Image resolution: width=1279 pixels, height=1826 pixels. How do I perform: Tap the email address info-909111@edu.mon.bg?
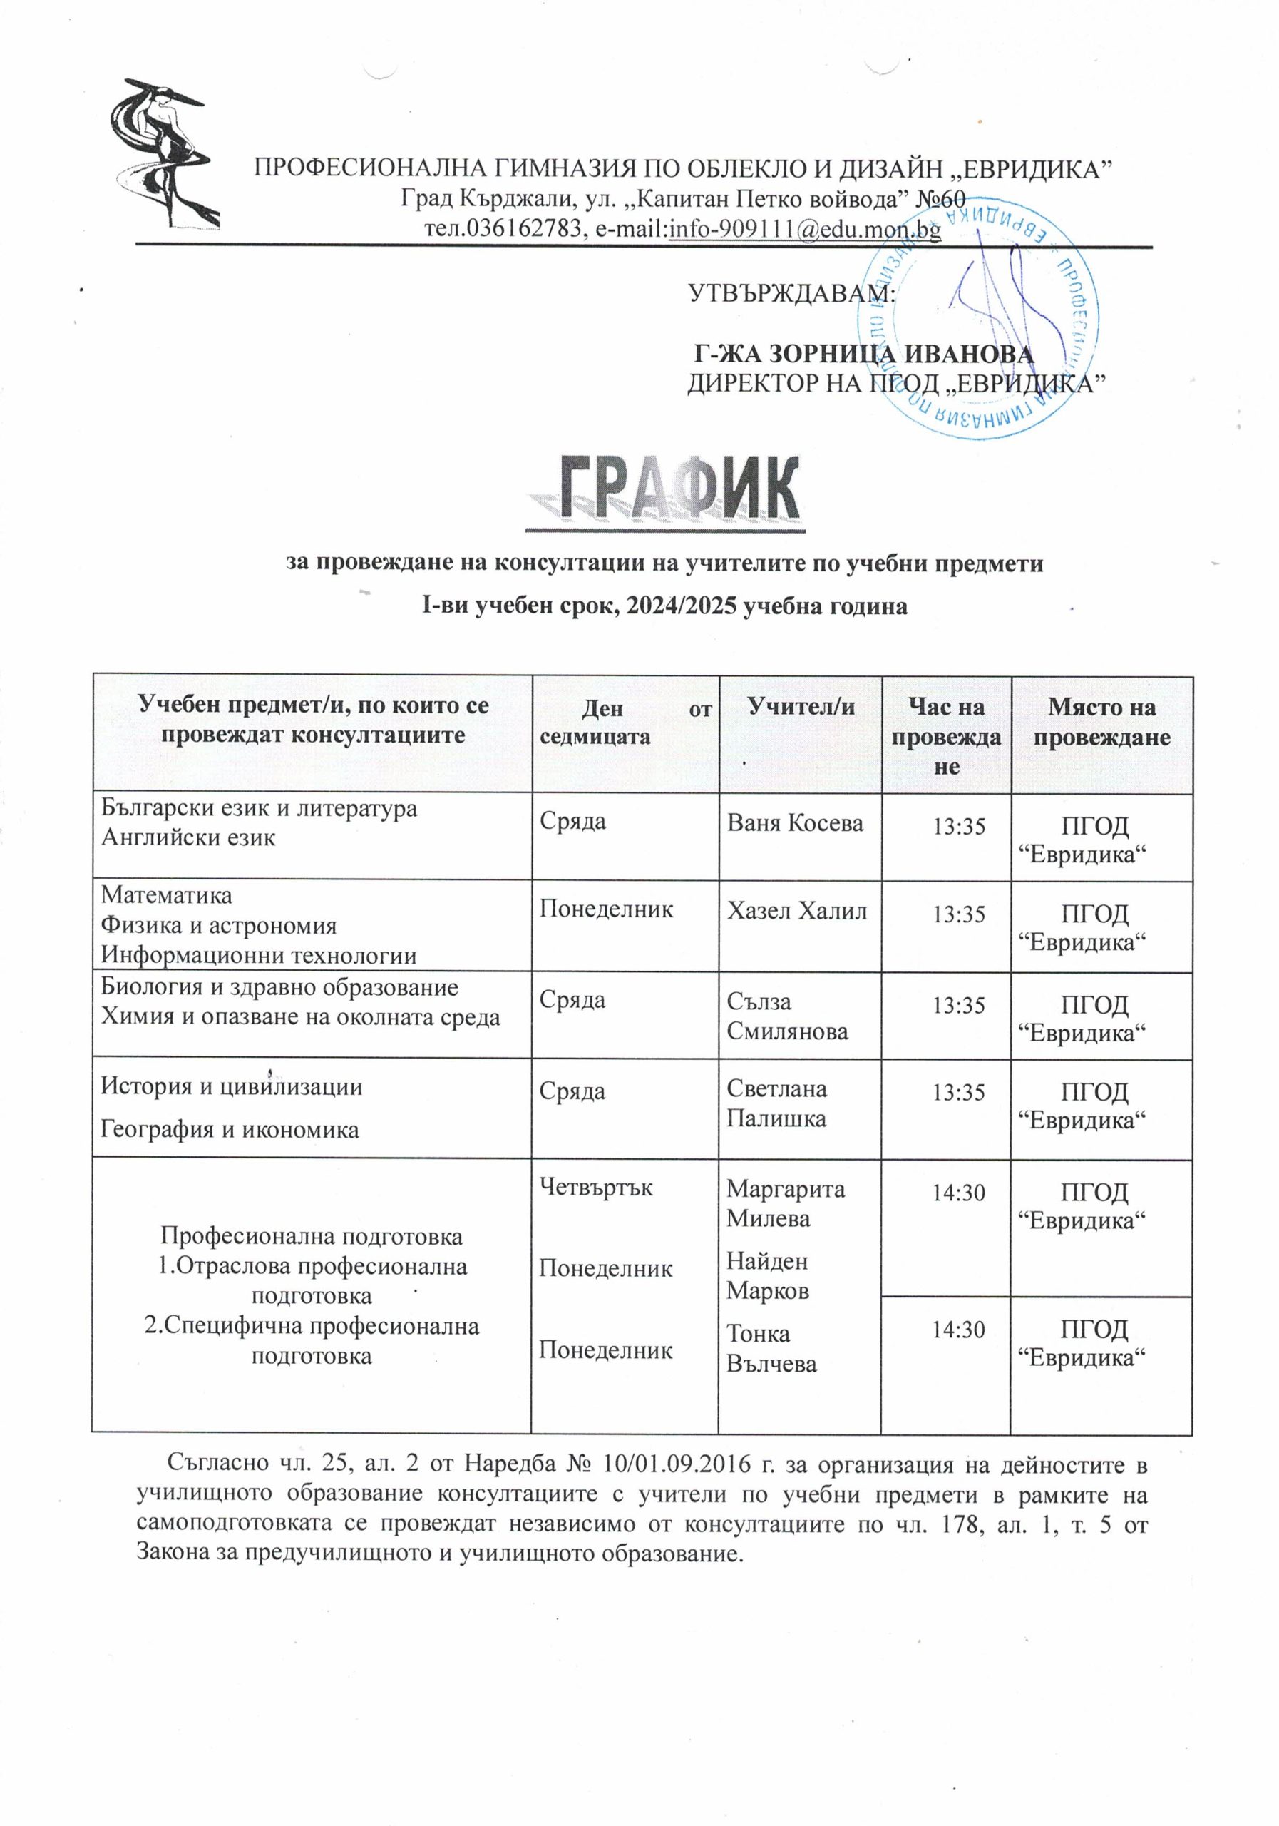pyautogui.click(x=804, y=229)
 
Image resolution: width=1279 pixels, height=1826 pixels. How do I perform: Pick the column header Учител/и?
pyautogui.click(x=801, y=705)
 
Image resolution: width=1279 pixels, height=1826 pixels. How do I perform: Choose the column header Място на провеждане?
pyautogui.click(x=1101, y=721)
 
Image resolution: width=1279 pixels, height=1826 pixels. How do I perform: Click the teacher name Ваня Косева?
pyautogui.click(x=795, y=822)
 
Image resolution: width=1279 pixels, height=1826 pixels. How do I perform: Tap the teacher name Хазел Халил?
pyautogui.click(x=796, y=910)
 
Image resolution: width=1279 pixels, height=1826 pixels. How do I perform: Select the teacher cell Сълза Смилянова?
pyautogui.click(x=787, y=1016)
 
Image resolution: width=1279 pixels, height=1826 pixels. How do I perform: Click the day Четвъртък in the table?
pyautogui.click(x=596, y=1187)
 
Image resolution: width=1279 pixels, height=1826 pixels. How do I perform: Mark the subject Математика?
pyautogui.click(x=167, y=895)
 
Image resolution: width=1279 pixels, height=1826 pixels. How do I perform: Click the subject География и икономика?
pyautogui.click(x=230, y=1129)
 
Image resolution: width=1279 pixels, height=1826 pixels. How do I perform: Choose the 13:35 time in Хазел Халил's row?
pyautogui.click(x=960, y=914)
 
